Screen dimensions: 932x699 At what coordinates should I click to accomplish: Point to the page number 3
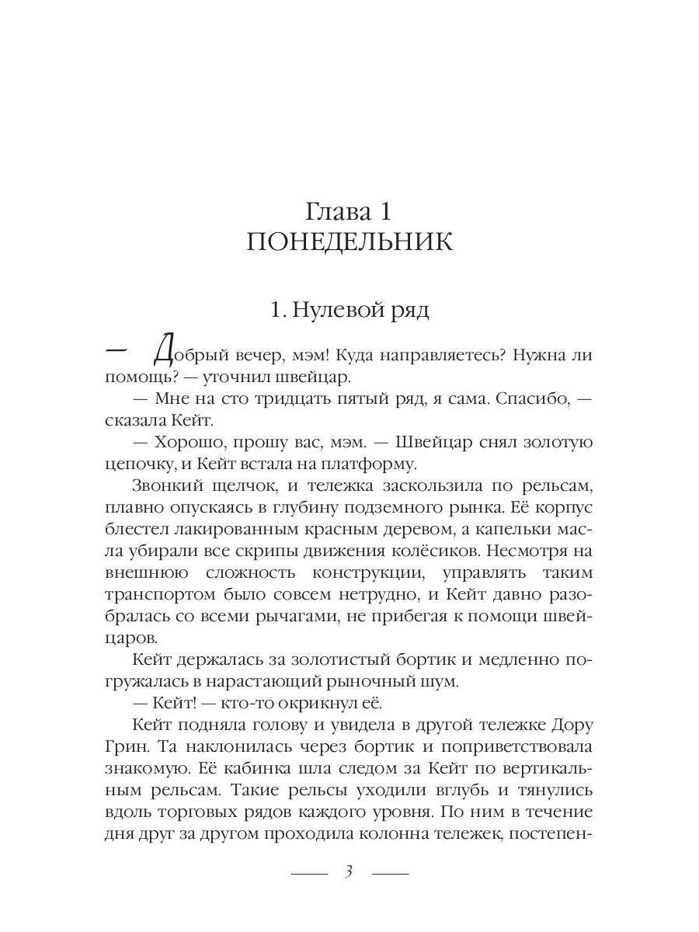coord(349,871)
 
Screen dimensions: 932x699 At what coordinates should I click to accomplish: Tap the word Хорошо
coord(195,443)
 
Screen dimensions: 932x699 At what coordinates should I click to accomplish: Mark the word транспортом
coord(157,595)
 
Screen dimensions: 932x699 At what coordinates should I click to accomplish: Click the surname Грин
coord(123,748)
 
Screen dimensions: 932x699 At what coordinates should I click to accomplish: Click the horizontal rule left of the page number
coord(309,873)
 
